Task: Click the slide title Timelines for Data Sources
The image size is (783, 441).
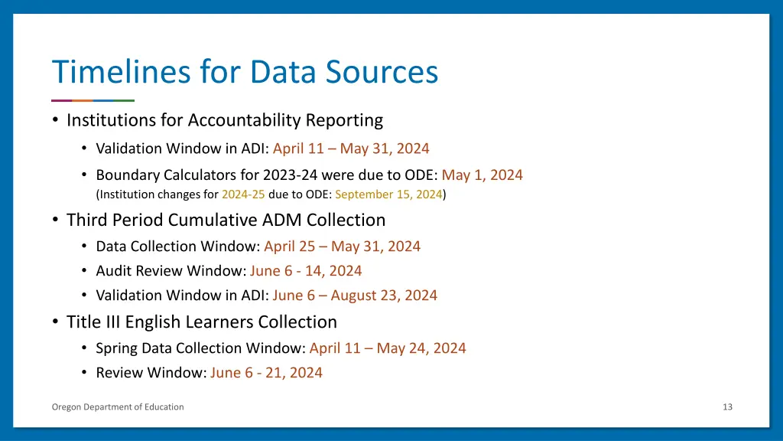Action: (x=245, y=72)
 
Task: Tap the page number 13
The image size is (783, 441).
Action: (x=727, y=407)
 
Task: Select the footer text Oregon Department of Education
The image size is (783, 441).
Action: (x=118, y=407)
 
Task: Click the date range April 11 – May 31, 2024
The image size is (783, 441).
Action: (x=351, y=149)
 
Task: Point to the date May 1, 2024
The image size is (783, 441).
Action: (x=482, y=175)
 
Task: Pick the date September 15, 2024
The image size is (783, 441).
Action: (x=388, y=194)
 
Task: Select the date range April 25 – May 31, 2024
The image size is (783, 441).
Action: (x=342, y=247)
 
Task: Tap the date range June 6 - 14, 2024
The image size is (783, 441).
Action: (x=306, y=271)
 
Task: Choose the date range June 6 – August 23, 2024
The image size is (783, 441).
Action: (x=355, y=296)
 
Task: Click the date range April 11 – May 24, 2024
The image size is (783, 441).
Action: (x=388, y=348)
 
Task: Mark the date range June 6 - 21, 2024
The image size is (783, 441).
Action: (x=266, y=373)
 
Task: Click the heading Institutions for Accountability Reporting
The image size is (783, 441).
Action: (x=225, y=120)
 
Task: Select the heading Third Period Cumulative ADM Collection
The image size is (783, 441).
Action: (x=226, y=220)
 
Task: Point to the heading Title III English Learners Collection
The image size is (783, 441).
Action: (x=202, y=322)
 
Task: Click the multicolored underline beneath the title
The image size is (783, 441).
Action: (x=93, y=100)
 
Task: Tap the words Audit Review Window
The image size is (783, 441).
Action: (x=169, y=271)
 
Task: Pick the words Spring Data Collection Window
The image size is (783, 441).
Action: (x=200, y=348)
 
